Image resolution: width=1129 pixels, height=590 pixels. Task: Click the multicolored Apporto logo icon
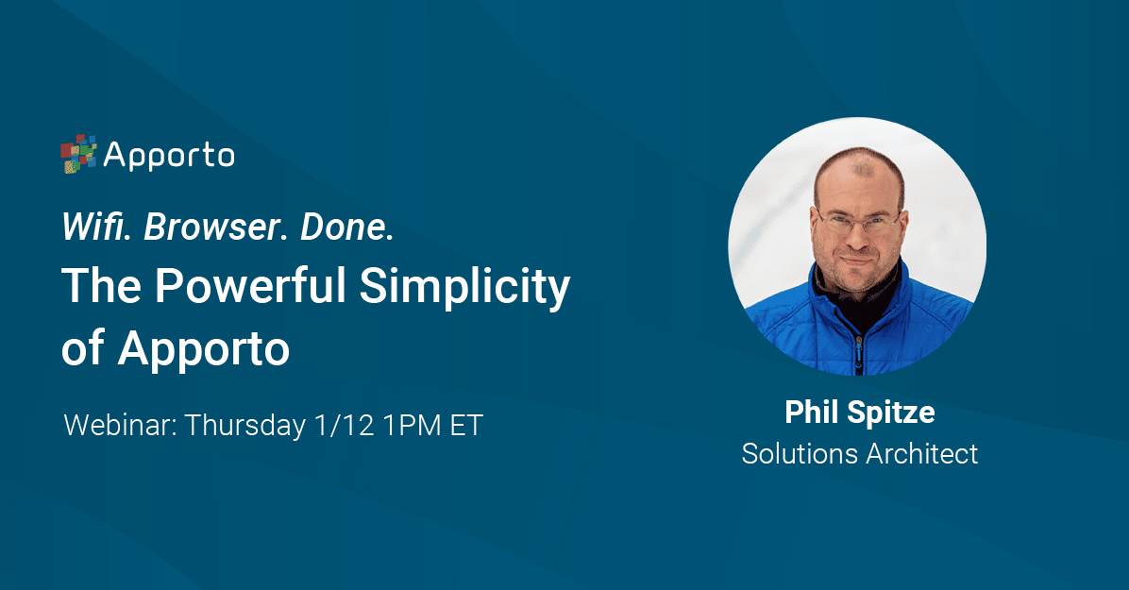[x=78, y=154]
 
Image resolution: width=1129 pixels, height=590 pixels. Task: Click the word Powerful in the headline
[x=250, y=285]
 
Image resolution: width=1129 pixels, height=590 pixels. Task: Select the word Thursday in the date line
[x=244, y=427]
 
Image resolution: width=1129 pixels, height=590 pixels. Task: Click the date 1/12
[x=345, y=425]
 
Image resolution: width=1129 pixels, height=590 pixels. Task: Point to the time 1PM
[x=412, y=425]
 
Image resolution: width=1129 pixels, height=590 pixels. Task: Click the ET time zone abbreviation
[x=466, y=425]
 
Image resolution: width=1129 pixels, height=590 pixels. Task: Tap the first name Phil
[x=812, y=413]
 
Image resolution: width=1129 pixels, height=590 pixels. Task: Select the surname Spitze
[x=891, y=413]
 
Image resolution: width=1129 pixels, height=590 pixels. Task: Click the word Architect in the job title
[x=922, y=454]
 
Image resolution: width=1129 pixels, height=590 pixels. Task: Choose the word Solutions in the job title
[x=800, y=454]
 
